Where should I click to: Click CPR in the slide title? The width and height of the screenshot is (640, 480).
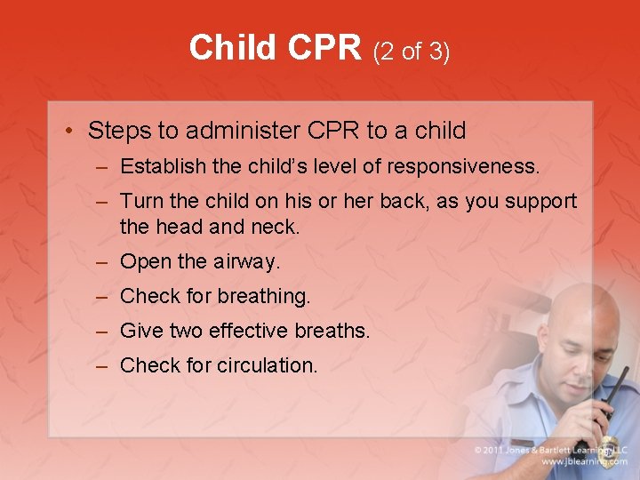pos(322,48)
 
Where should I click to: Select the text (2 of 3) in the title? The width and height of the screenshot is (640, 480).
pos(412,52)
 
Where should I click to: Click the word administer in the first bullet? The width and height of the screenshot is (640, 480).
pos(240,132)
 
